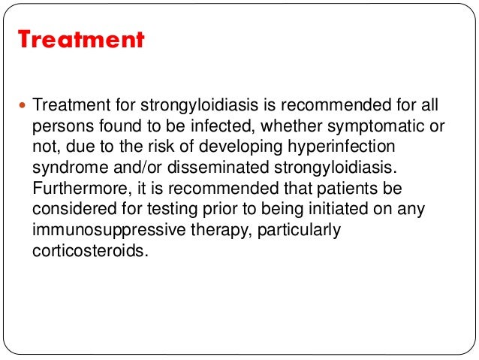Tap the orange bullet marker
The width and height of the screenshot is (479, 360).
pyautogui.click(x=23, y=107)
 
